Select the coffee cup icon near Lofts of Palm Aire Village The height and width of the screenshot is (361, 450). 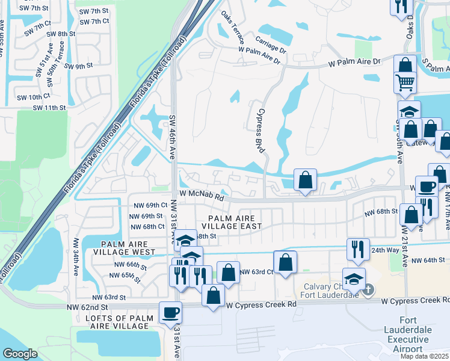click(170, 312)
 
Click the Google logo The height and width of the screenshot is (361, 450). click(20, 353)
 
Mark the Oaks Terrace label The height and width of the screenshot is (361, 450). click(232, 29)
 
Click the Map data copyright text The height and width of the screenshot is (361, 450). click(424, 356)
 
